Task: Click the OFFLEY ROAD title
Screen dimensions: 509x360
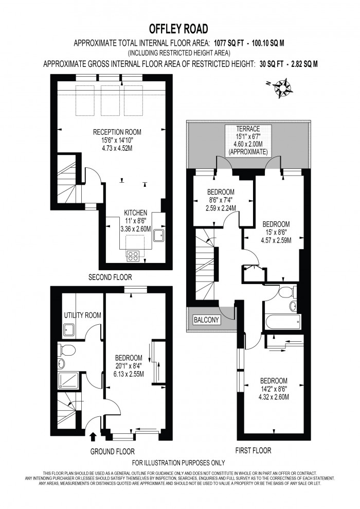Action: pos(179,28)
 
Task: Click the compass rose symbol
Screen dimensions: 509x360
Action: pos(282,86)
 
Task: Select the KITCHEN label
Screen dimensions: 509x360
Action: pos(136,213)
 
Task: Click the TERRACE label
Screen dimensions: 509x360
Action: pos(248,129)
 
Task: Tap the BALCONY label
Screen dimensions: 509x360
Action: pos(206,320)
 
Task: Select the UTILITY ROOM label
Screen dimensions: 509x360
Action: pos(82,315)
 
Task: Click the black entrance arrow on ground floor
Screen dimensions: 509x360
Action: pos(93,437)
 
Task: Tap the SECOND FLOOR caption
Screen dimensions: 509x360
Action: pos(109,276)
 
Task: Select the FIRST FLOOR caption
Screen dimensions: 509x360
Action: pos(253,450)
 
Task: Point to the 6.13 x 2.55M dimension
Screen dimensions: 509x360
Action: pos(129,374)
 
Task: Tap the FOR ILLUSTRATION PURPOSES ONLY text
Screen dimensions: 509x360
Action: pos(179,463)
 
